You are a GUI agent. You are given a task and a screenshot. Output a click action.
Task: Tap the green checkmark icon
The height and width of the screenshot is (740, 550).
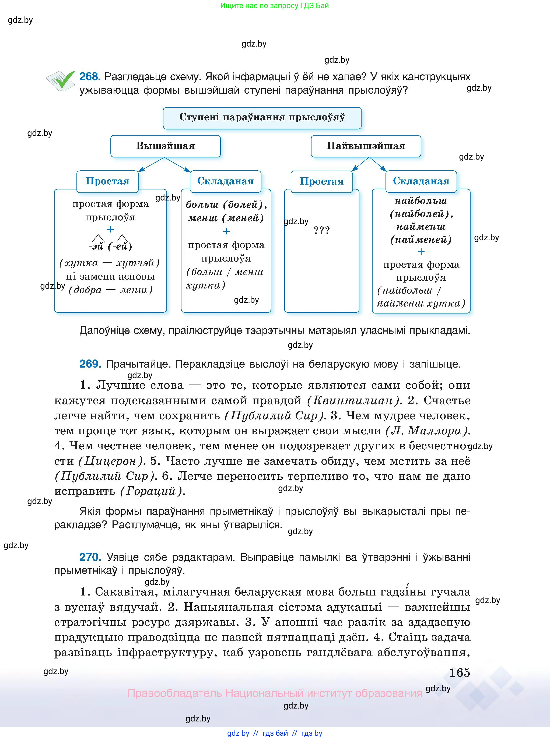[x=63, y=80]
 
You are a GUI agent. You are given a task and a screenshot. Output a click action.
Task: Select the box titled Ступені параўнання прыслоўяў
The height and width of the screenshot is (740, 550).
[x=262, y=118]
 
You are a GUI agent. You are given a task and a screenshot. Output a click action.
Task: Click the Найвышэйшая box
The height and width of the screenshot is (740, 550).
[x=366, y=146]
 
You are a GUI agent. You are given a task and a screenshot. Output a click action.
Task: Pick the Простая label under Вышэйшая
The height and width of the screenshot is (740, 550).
[x=107, y=181]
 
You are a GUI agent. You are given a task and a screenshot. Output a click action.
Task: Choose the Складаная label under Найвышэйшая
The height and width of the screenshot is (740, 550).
[x=421, y=181]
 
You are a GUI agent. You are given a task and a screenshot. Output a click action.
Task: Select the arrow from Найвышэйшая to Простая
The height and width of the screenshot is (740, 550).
[x=360, y=164]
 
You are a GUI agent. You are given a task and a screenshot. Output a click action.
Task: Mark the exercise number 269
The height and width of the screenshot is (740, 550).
[x=90, y=364]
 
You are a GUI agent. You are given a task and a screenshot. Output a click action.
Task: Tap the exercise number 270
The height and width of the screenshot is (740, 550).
[x=90, y=557]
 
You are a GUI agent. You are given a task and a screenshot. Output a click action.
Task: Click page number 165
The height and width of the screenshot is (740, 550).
[x=460, y=673]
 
